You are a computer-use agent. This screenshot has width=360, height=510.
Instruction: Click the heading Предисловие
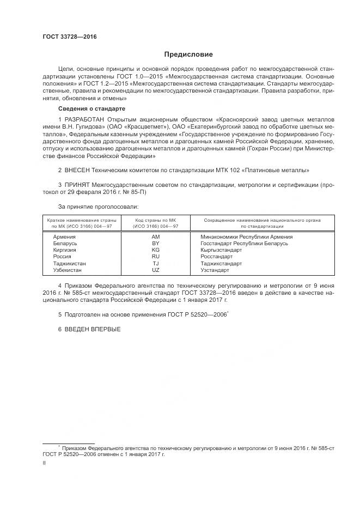189,54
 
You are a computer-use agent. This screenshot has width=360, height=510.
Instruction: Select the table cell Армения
64,237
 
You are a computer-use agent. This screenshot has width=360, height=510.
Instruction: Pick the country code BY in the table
156,244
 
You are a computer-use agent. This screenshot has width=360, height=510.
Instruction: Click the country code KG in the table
156,250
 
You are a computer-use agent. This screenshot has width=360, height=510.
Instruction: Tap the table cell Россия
62,257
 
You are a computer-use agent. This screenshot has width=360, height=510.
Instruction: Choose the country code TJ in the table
156,264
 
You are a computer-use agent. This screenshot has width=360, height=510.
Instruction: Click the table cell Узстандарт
215,270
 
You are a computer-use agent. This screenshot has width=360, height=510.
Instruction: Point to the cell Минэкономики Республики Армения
246,237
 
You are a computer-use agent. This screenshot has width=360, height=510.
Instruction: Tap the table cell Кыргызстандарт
221,250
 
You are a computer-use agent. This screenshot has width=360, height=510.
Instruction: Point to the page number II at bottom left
44,463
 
